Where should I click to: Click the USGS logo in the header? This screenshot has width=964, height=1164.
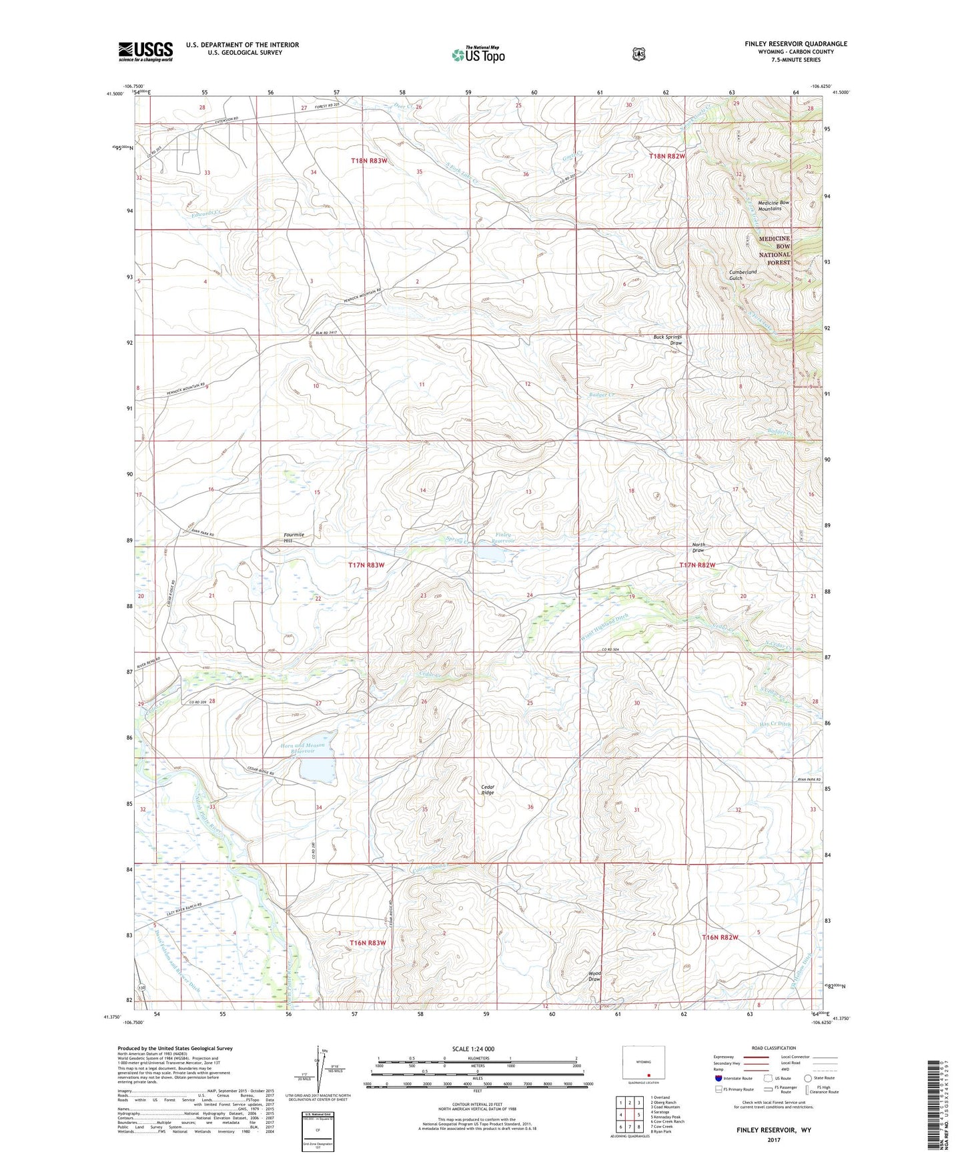coord(145,51)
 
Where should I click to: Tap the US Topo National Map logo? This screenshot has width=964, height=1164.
coord(478,54)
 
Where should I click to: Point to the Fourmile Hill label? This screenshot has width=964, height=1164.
coord(294,537)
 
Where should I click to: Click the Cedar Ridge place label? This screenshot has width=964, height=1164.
coord(488,789)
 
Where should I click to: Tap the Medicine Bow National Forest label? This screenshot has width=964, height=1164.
coord(774,250)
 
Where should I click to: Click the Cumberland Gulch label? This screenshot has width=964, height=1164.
coord(743,275)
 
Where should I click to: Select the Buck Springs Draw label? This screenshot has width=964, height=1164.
coord(668,340)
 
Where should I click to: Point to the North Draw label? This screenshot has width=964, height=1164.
coord(698,547)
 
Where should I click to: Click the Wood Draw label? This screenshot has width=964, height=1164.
coord(594,976)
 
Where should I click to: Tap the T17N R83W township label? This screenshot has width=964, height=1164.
coord(366,565)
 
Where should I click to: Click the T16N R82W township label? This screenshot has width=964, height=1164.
coord(720,937)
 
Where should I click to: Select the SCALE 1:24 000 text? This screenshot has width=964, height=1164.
coord(473,1049)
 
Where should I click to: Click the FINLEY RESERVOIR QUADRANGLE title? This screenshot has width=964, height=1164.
coord(796,44)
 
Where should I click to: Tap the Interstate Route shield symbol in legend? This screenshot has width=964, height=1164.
coord(718,1078)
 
